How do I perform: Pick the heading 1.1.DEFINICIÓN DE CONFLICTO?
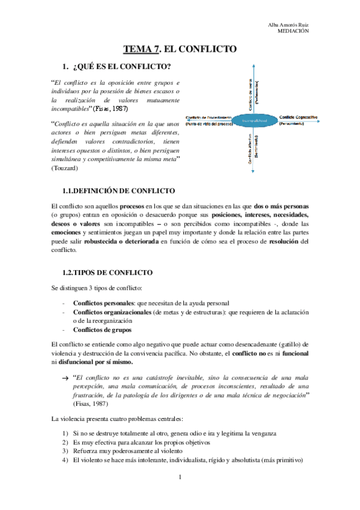[x=118, y=190]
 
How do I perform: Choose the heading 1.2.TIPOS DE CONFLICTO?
[x=108, y=272]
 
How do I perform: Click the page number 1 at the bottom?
[x=180, y=477]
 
